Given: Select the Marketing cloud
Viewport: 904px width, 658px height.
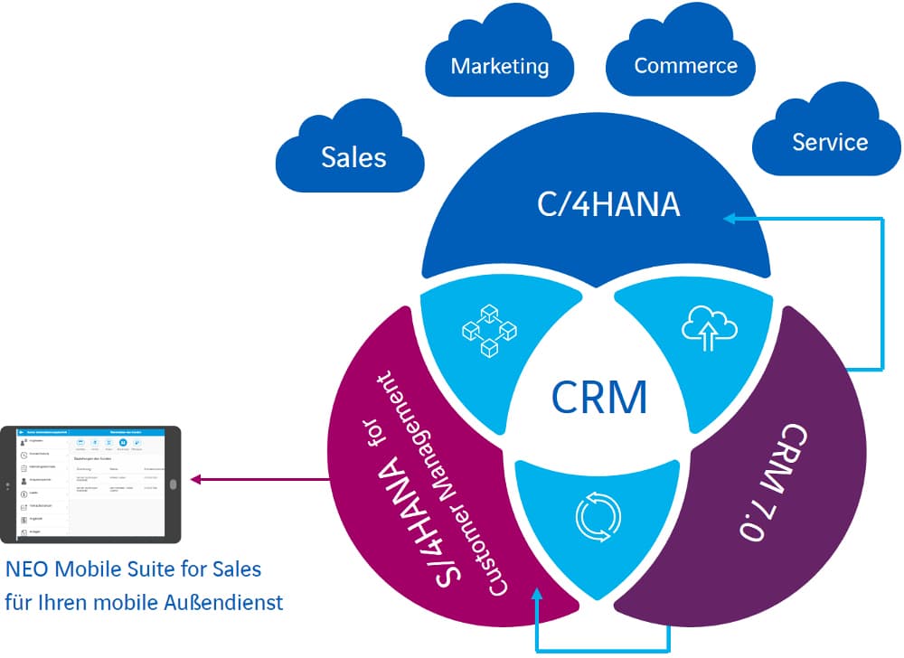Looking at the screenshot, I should [499, 65].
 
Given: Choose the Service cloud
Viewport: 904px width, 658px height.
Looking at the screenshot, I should [829, 141].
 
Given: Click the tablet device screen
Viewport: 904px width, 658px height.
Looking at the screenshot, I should [90, 484].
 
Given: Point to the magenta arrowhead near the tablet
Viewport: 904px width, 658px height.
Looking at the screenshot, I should [193, 479].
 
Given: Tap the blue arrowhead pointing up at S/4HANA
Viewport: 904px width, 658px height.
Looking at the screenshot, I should [539, 593].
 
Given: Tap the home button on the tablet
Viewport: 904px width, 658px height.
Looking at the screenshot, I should [173, 484].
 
